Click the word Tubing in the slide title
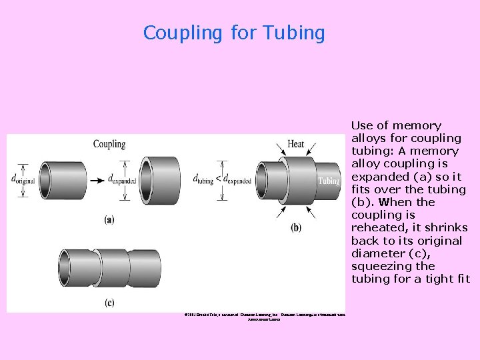[294, 33]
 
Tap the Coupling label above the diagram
[109, 144]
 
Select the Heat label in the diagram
[295, 144]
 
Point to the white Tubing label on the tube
[329, 181]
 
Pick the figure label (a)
[109, 220]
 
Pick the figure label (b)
[295, 227]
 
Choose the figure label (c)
[109, 302]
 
